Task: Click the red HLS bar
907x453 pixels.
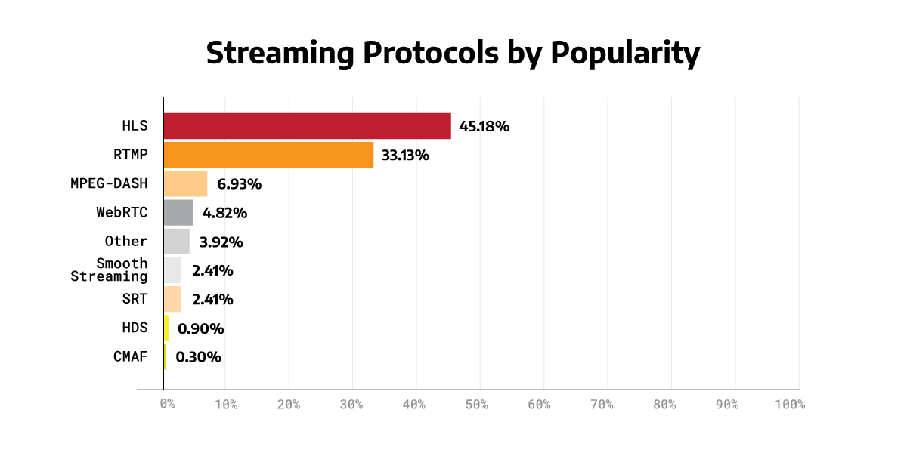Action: point(307,126)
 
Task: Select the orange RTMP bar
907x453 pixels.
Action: point(268,155)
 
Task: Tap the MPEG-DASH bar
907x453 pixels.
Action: point(185,183)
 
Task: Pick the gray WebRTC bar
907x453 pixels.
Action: point(178,212)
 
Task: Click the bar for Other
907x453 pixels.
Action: point(177,242)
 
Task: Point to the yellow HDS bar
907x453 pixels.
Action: point(166,328)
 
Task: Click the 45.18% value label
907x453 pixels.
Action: point(484,126)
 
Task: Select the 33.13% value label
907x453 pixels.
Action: point(405,156)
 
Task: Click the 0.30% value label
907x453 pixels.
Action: point(198,357)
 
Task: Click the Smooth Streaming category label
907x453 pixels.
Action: point(110,270)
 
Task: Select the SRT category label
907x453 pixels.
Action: point(135,299)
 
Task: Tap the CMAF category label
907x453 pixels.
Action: point(131,356)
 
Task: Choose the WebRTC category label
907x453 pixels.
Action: point(122,212)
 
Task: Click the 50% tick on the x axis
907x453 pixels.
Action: point(477,405)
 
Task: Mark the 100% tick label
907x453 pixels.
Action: point(790,405)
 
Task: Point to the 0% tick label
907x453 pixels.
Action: point(168,405)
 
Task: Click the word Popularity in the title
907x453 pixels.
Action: point(624,54)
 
